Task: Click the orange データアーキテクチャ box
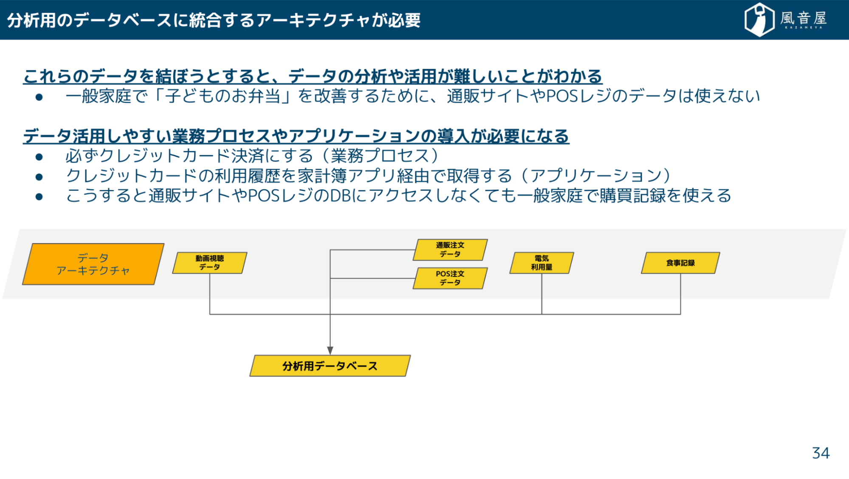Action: pyautogui.click(x=93, y=264)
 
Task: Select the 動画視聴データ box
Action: pyautogui.click(x=209, y=263)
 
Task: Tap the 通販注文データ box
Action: pyautogui.click(x=450, y=249)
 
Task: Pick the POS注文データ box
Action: pyautogui.click(x=450, y=278)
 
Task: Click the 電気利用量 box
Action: pyautogui.click(x=542, y=263)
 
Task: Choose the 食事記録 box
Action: pyautogui.click(x=680, y=263)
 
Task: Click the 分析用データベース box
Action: pyautogui.click(x=330, y=366)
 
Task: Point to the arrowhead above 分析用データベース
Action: pyautogui.click(x=330, y=350)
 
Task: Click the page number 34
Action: pyautogui.click(x=821, y=453)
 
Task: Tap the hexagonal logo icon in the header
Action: pyautogui.click(x=759, y=20)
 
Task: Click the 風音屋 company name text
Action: pyautogui.click(x=803, y=19)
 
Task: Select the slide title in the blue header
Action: pyautogui.click(x=214, y=20)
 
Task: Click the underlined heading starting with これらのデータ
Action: pyautogui.click(x=313, y=77)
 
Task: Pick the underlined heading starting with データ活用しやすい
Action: pyautogui.click(x=296, y=136)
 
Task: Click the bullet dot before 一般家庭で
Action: pyautogui.click(x=39, y=97)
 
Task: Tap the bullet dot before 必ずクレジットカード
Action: pyautogui.click(x=39, y=157)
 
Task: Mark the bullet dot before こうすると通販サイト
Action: pyautogui.click(x=39, y=196)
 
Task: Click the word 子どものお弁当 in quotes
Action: pyautogui.click(x=223, y=96)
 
